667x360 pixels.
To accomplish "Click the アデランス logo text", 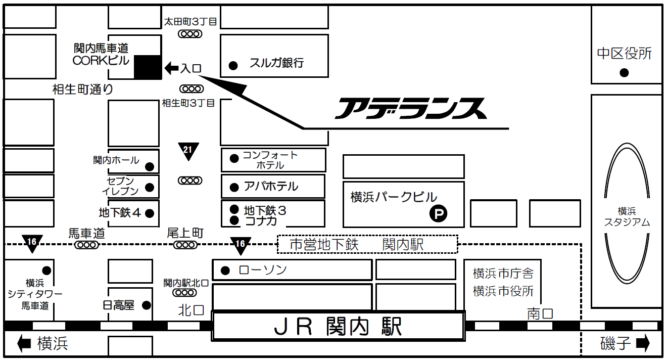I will pos(410,108).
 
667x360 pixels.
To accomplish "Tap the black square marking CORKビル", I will pos(148,67).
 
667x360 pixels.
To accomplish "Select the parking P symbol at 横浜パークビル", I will pos(438,214).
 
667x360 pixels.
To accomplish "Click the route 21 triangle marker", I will pos(188,151).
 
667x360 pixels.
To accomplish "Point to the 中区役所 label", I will pos(625,54).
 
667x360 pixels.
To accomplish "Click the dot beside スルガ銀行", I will pos(233,65).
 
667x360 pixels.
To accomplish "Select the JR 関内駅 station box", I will pos(338,326).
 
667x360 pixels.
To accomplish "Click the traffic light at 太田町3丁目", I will pos(190,34).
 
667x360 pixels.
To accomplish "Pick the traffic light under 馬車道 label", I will pos(86,245).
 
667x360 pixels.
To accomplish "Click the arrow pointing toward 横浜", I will pos(24,344).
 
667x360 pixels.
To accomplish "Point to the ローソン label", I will pos(262,269).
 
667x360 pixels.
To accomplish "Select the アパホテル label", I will pos(271,187).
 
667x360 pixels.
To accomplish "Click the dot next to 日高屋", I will pos(146,305).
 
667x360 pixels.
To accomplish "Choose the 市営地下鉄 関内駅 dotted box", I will pos(367,245).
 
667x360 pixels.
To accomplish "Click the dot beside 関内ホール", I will pos(150,166).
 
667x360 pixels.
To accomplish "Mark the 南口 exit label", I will pos(540,313).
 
